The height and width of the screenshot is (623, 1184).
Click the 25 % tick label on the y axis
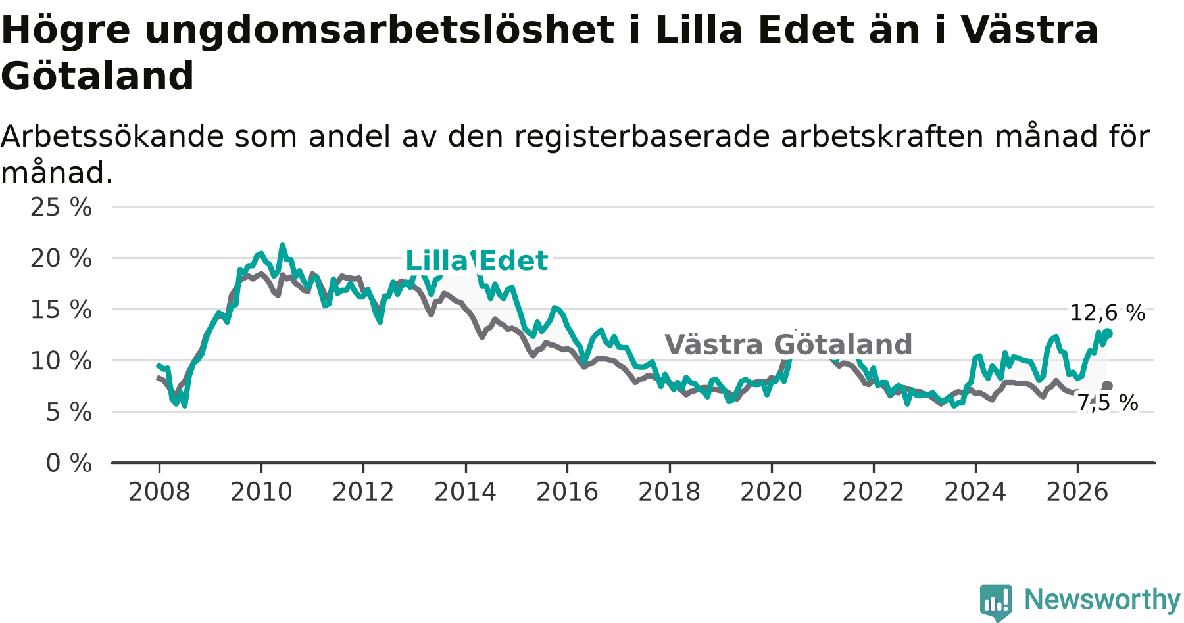click(61, 207)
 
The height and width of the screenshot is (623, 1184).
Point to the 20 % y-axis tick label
click(61, 258)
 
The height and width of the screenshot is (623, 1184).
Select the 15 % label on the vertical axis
click(61, 310)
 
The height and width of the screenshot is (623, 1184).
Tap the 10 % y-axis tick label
click(61, 361)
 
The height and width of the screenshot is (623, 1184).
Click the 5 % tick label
click(69, 412)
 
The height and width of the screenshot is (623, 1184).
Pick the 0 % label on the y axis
click(69, 463)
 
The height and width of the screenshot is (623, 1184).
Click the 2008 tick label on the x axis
click(159, 492)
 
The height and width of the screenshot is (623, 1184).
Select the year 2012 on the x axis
click(363, 492)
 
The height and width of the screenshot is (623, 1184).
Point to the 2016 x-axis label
click(567, 492)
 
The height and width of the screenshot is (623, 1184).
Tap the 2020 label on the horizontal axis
click(772, 492)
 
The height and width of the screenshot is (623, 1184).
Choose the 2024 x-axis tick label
click(975, 492)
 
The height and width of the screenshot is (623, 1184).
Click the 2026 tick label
click(1077, 492)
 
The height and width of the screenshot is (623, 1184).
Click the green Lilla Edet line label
click(476, 261)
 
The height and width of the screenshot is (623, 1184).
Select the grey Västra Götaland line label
click(788, 344)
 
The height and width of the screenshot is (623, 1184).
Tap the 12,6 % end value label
click(1108, 313)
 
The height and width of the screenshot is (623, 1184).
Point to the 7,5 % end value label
click(1108, 402)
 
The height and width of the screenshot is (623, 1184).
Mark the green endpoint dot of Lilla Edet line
click(1108, 333)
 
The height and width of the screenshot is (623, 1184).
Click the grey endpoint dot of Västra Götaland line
click(1108, 386)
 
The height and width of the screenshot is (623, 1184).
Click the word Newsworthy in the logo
click(1102, 599)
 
